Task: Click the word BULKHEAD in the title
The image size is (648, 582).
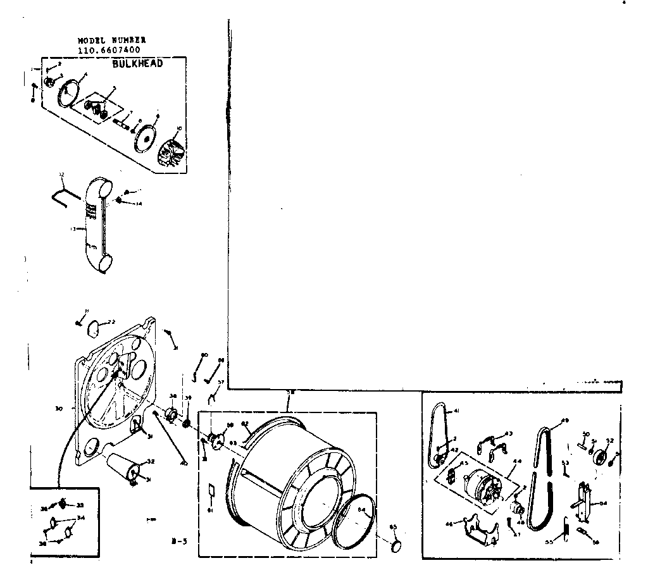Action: [x=137, y=64]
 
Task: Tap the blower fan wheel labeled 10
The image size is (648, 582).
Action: [x=171, y=149]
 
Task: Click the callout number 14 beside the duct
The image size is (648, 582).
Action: [x=139, y=204]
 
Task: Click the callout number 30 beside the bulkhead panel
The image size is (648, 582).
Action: [x=59, y=409]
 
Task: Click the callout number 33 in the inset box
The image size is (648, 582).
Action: [x=80, y=505]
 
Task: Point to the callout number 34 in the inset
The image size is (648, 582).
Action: [x=81, y=517]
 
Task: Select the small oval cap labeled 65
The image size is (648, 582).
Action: [x=396, y=547]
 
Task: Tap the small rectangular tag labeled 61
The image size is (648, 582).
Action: [x=213, y=492]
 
